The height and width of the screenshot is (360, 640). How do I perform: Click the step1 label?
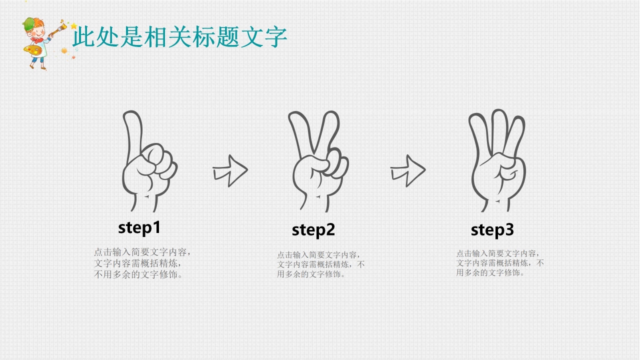click(x=139, y=228)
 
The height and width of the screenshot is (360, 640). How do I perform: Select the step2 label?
click(x=313, y=230)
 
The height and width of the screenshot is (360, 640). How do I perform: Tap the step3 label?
click(x=492, y=230)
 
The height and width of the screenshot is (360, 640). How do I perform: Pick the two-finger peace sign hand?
click(x=317, y=162)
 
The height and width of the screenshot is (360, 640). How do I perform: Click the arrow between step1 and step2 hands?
click(x=230, y=170)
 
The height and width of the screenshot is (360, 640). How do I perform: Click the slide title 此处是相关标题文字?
click(x=179, y=37)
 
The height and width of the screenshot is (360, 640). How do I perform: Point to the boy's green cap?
click(x=30, y=23)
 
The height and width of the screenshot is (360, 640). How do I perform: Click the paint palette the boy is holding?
click(x=32, y=50)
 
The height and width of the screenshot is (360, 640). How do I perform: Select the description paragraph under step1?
click(x=142, y=263)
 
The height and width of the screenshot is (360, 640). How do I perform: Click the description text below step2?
click(x=320, y=264)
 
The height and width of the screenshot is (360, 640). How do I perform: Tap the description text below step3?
click(x=499, y=263)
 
